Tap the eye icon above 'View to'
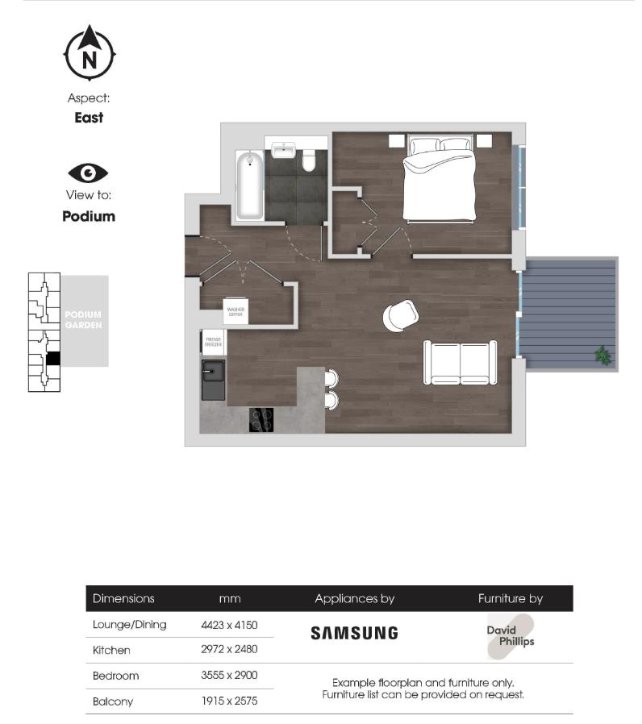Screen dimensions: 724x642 coord(88,173)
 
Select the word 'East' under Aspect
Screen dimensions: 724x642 coord(89,118)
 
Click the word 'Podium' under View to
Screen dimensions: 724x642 coord(89,216)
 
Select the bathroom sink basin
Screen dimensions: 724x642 coord(283,151)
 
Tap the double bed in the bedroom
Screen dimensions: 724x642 coord(440,181)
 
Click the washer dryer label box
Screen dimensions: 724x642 coord(236,312)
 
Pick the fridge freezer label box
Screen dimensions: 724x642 coord(214,342)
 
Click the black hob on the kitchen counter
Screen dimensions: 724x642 coord(261,420)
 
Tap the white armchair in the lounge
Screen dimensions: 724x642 coord(400,315)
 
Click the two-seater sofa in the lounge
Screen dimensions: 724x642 coord(460,363)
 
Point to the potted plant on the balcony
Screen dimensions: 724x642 coord(602,355)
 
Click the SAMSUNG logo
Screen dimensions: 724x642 coord(354,633)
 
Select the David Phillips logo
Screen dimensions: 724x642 coord(511,636)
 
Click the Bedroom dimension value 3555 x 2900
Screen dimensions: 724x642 coord(229,676)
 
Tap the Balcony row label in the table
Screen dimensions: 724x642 coord(113,701)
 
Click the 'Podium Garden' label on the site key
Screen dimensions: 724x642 coord(84,319)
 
